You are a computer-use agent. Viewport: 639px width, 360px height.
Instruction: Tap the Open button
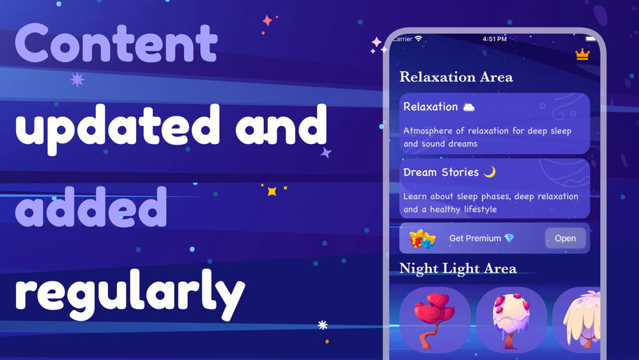566,238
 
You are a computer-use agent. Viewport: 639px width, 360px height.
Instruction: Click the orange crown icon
582,54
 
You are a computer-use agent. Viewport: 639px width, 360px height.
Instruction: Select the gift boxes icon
422,239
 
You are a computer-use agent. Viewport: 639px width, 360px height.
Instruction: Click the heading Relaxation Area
456,77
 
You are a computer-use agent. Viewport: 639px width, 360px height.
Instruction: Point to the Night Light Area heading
458,269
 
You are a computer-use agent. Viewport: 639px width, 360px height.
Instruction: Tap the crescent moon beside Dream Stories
490,172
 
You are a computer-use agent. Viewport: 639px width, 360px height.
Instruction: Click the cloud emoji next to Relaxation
468,107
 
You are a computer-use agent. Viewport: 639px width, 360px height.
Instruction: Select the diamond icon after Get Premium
509,238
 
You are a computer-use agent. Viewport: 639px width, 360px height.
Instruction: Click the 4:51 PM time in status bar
495,39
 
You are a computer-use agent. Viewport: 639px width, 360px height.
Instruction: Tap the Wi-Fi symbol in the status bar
419,38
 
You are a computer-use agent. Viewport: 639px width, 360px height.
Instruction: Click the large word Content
116,42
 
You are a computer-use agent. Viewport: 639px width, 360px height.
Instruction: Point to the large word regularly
130,293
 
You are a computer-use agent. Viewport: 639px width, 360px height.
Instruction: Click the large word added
91,207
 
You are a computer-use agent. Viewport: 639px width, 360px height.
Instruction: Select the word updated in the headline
118,129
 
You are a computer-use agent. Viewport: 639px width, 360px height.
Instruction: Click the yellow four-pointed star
272,191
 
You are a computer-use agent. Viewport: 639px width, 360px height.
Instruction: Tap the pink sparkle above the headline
267,20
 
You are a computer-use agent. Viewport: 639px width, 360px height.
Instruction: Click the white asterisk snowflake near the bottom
323,325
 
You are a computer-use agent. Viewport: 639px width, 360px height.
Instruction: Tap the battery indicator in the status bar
590,39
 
